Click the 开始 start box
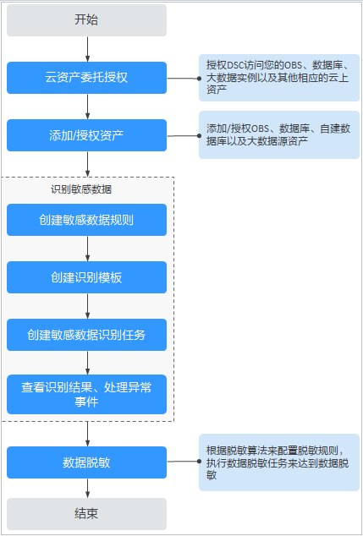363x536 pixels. tap(86, 20)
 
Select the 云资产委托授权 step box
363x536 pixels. tap(86, 78)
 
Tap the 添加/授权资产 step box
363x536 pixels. tap(86, 135)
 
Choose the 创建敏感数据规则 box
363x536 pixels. tap(86, 220)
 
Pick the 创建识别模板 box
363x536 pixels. tap(86, 277)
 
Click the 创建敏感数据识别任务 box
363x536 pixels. tap(86, 335)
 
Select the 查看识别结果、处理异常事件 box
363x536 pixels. tap(86, 395)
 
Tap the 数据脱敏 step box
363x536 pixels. tap(86, 462)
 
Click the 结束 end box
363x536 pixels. tap(86, 514)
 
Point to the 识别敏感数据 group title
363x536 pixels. tap(81, 189)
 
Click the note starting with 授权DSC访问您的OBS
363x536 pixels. tap(279, 78)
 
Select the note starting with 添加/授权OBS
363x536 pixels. tap(279, 134)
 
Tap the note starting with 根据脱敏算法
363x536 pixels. tap(279, 462)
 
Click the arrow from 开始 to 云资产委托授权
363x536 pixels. tap(88, 49)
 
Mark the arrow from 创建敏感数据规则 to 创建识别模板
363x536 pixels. tap(88, 249)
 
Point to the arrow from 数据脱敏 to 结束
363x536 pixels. tap(88, 488)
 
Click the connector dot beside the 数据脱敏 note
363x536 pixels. tap(199, 462)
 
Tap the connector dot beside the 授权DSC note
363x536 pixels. tap(199, 79)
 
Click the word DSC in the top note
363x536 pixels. tap(234, 64)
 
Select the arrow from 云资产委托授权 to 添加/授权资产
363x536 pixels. tap(88, 107)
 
